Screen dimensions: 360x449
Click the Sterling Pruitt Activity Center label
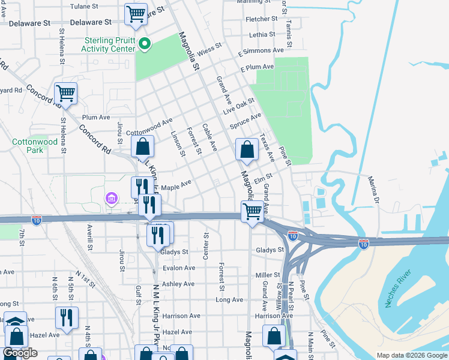(110, 44)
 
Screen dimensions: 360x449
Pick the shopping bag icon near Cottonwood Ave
(143, 146)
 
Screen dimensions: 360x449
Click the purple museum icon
(112, 198)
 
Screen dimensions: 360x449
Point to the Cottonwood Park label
(35, 146)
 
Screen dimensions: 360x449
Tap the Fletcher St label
(261, 19)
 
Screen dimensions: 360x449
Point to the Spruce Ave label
(246, 121)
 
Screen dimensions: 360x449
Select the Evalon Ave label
(179, 268)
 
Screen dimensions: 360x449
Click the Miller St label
(268, 275)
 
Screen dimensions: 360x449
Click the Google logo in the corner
(20, 353)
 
